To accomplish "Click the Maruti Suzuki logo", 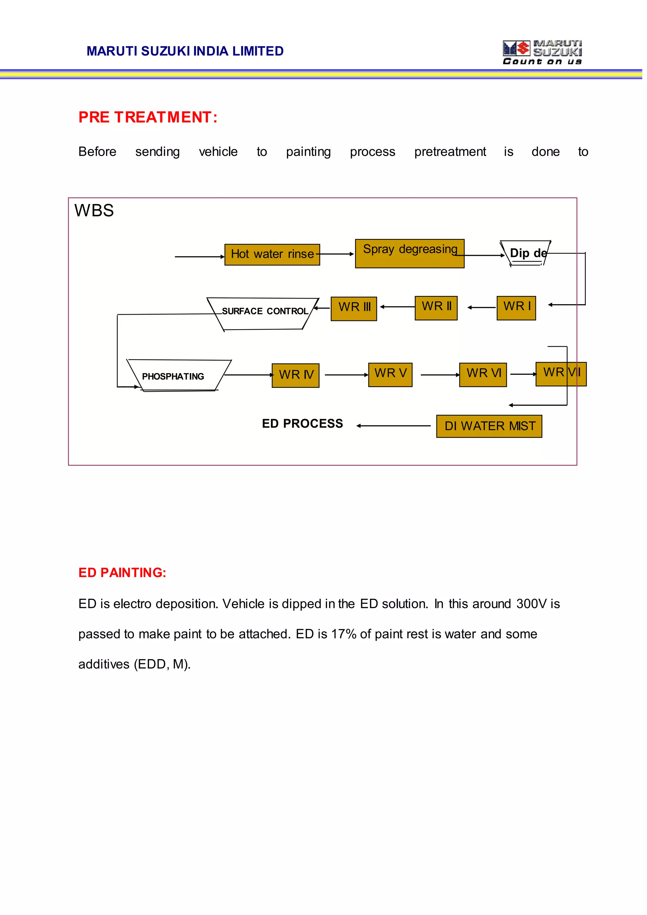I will (542, 52).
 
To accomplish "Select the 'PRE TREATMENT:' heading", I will (148, 117).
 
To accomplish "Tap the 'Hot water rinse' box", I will (272, 255).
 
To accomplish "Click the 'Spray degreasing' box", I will (409, 254).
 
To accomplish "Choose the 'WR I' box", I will (516, 308).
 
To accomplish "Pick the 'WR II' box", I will (436, 308).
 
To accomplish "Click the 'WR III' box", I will (354, 309).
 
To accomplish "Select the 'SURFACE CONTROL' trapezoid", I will (263, 313).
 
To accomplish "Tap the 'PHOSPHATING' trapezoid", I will (178, 376).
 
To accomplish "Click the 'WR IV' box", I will (296, 375).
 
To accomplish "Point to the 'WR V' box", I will (390, 374).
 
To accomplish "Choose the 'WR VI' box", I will (483, 374).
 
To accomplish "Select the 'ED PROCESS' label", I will (302, 423).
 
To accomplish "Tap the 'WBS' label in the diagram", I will (94, 211).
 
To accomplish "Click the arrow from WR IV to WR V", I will (346, 375).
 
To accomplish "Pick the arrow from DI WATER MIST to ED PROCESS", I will (394, 426).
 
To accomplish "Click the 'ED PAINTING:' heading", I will (122, 573).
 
